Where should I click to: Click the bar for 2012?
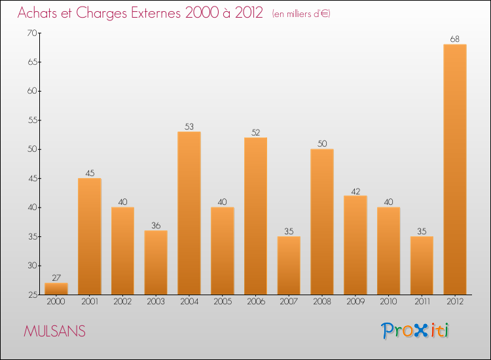(x=455, y=170)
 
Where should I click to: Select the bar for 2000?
(x=56, y=289)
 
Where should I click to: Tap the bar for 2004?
(x=189, y=213)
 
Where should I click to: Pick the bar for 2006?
(x=255, y=216)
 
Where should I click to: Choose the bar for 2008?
(x=322, y=222)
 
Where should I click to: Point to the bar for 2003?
(x=156, y=262)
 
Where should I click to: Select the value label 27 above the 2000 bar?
(x=56, y=278)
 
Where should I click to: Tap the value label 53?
(x=189, y=126)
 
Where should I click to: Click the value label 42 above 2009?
(x=355, y=190)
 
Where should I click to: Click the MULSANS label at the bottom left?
(x=54, y=331)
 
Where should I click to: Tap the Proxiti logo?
(x=415, y=331)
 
